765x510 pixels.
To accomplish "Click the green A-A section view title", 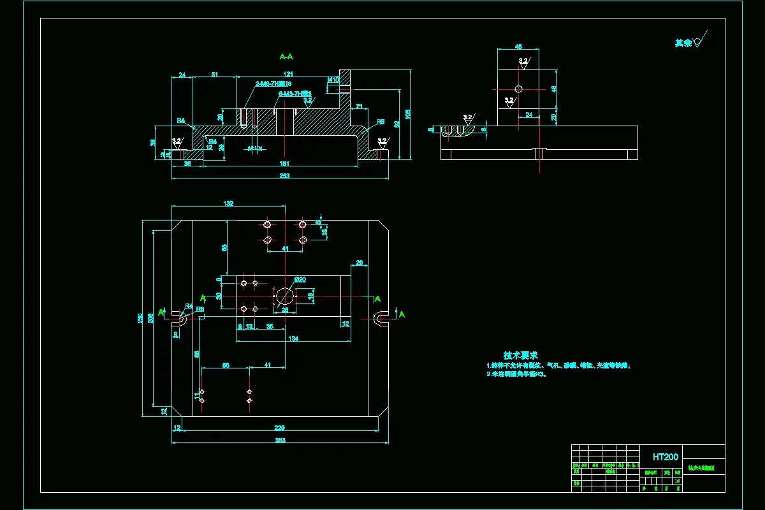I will point(286,57).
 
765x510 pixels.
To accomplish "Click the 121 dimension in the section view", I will point(288,75).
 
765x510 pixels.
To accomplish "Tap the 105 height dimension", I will point(408,113).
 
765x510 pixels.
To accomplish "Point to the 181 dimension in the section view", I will point(284,164).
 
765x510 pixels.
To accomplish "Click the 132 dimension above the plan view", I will point(228,203).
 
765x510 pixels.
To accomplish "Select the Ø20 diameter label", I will point(300,279).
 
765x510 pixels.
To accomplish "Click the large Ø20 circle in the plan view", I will point(284,296).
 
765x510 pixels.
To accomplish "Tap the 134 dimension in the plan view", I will point(293,339).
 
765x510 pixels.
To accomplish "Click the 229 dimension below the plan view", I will point(279,427).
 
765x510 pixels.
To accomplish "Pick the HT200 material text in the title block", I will point(666,456).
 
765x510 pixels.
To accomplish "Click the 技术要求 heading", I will point(521,355).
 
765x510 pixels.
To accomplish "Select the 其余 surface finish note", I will point(683,43).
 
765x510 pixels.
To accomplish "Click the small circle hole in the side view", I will point(518,89).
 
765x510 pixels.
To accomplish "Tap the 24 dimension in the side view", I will point(528,115).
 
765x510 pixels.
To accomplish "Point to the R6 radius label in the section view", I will point(381,121).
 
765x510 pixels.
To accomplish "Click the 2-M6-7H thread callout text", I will point(273,84).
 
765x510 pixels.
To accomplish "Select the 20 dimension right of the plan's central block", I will point(360,263).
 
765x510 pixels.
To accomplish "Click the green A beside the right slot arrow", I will point(402,314).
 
